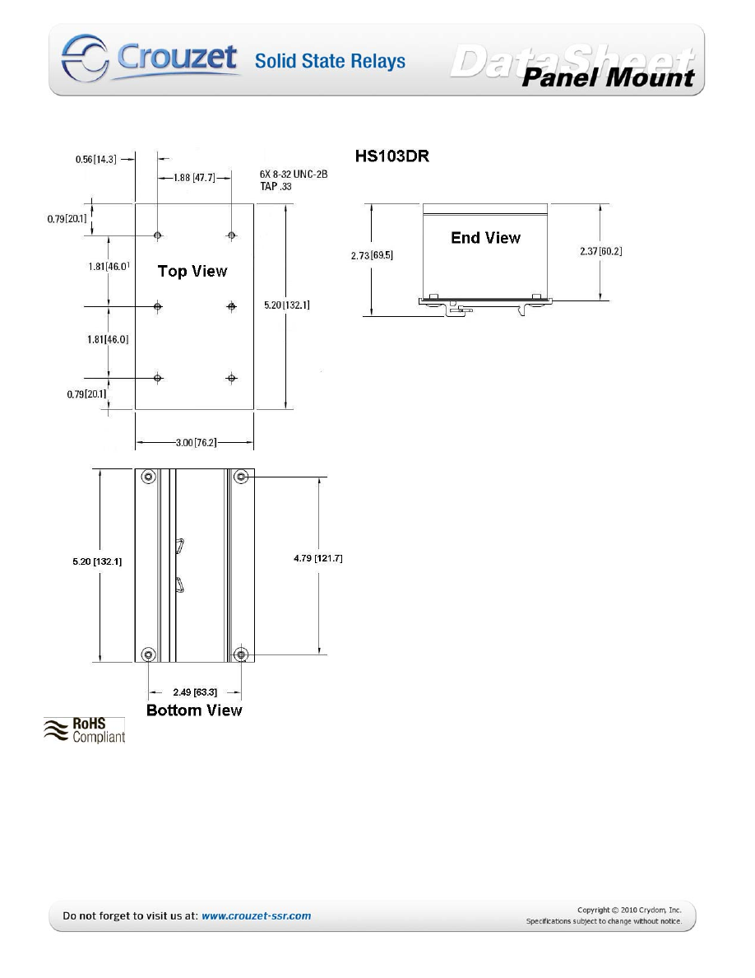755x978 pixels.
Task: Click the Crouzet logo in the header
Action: point(148,58)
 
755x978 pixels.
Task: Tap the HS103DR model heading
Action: point(391,156)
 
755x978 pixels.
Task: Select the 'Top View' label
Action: point(192,271)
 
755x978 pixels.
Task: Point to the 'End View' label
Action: point(485,238)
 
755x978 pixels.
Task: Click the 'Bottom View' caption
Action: point(194,710)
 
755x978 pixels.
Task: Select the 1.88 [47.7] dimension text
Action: point(194,176)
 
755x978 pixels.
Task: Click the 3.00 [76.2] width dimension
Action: point(194,442)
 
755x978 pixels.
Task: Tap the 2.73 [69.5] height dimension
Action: point(373,255)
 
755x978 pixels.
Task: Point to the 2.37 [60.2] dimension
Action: point(600,251)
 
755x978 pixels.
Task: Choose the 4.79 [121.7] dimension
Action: point(317,559)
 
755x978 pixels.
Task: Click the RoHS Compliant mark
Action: point(85,729)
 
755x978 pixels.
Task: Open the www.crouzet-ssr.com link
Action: point(256,915)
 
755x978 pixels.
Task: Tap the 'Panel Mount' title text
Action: point(609,78)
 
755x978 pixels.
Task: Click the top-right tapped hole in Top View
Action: point(232,235)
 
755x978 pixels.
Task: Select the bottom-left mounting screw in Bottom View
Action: point(148,654)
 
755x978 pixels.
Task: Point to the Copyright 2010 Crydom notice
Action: point(628,910)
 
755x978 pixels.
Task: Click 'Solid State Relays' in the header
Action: point(330,61)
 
